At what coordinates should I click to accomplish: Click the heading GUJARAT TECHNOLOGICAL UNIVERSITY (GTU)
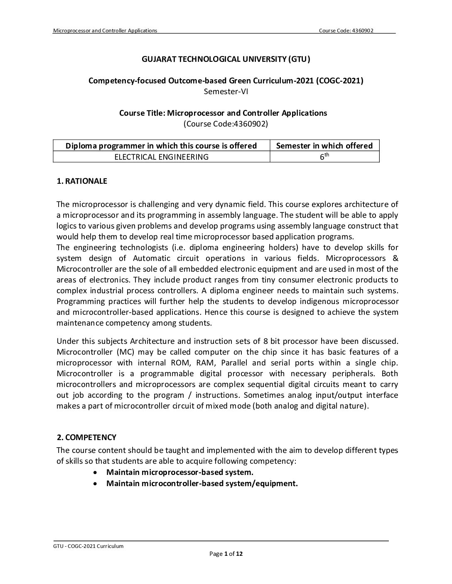point(226,59)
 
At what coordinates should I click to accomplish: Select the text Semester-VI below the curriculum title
point(226,91)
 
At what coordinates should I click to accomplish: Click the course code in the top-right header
point(346,30)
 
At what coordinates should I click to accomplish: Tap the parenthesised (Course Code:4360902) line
point(226,124)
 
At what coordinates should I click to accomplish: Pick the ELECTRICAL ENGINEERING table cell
point(162,157)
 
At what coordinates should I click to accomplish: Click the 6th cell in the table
point(324,157)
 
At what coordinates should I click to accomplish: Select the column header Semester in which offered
point(324,146)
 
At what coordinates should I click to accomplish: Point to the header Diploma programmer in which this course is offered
point(162,146)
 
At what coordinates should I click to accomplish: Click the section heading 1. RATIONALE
point(82,181)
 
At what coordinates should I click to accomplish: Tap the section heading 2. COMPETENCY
point(86,438)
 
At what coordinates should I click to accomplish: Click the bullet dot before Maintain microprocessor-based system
point(96,472)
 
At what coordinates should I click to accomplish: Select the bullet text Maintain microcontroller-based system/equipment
point(202,484)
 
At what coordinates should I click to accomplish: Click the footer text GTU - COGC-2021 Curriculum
point(88,546)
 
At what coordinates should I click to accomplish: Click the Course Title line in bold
point(223,113)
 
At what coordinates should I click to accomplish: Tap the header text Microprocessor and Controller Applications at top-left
point(105,30)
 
